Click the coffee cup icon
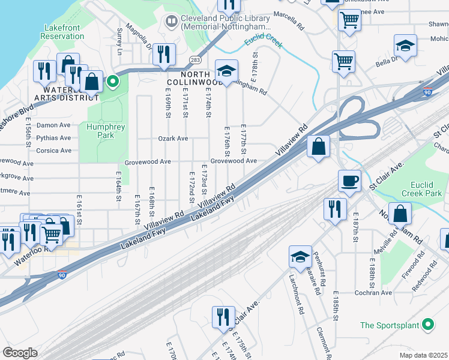click(x=349, y=181)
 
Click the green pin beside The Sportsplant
click(x=427, y=325)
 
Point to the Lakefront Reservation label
click(x=62, y=32)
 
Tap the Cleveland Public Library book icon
click(x=172, y=22)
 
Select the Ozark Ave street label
click(x=173, y=139)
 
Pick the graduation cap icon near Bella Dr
click(x=406, y=46)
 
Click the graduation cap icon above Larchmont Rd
click(x=300, y=257)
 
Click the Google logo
click(x=20, y=352)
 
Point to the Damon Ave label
click(x=54, y=125)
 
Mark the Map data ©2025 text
click(x=423, y=355)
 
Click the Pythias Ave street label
click(x=54, y=137)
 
